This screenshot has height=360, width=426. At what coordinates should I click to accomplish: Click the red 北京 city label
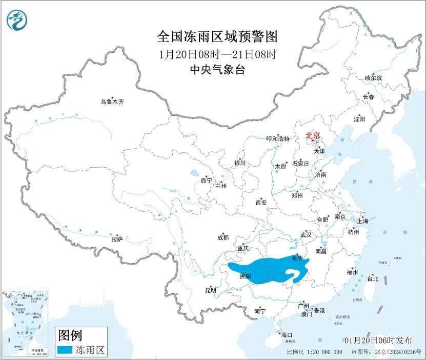313,135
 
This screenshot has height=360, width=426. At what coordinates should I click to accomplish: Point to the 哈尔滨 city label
373,78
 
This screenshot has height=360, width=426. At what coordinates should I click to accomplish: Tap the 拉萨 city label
117,239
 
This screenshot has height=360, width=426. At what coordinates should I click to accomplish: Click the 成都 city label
223,237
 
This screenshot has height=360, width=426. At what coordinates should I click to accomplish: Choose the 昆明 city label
211,290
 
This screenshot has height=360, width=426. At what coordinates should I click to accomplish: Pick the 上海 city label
363,221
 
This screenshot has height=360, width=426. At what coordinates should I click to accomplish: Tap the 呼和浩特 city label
278,139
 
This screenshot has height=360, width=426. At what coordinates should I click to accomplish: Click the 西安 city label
261,203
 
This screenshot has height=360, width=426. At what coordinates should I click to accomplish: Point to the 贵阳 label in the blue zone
245,276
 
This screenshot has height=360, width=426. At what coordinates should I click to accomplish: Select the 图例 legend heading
70,336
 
